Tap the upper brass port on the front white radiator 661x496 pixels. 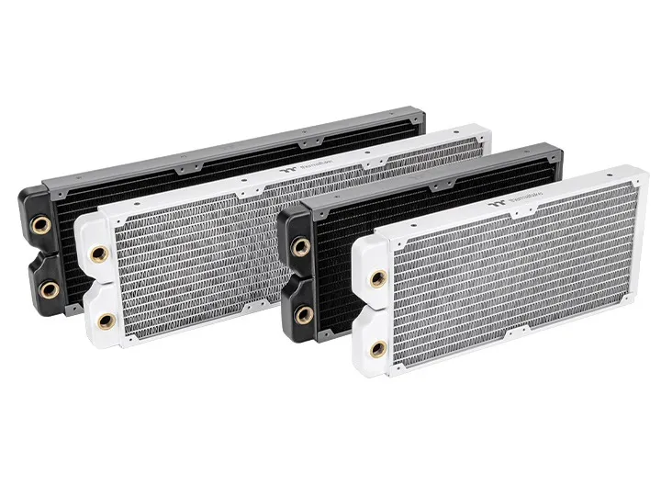(375, 278)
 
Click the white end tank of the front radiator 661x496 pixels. (372, 312)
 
